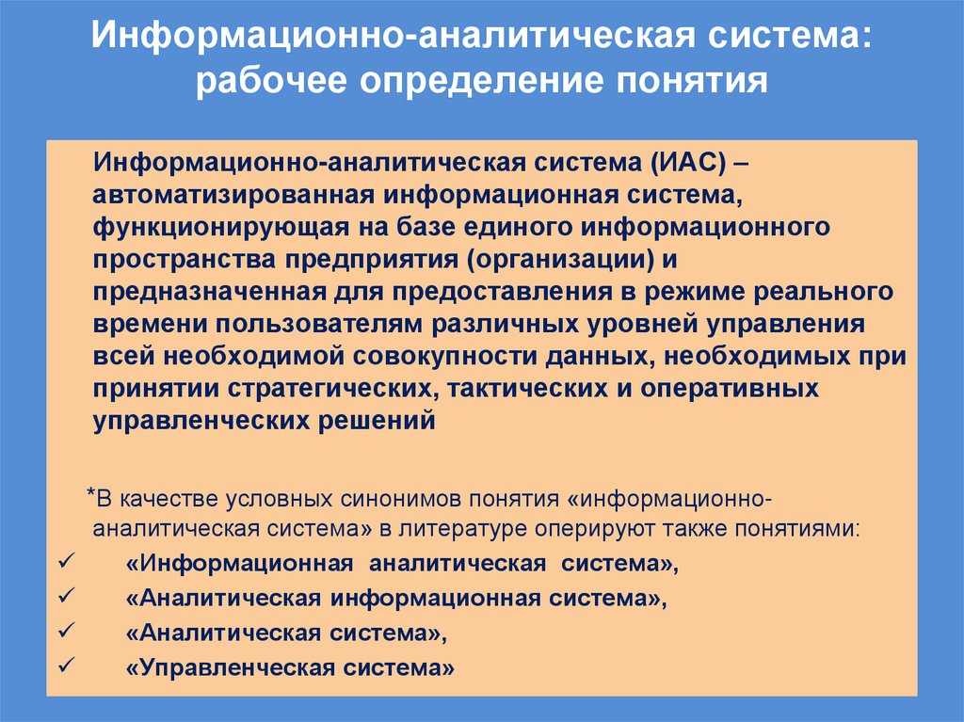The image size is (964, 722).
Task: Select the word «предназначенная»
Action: click(204, 293)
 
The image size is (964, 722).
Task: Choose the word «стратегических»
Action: click(299, 389)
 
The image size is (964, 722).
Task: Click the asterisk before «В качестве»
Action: click(89, 495)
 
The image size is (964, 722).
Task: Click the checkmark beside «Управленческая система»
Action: click(66, 667)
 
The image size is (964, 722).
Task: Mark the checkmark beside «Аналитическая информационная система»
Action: click(66, 597)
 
